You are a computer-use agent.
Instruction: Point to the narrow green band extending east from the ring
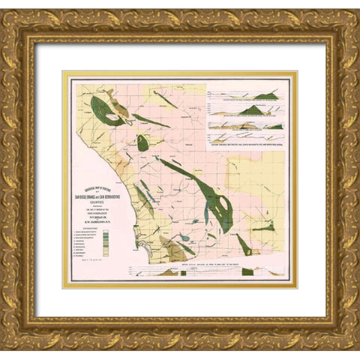pos(150,120)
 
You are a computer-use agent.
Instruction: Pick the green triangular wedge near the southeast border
pos(244,243)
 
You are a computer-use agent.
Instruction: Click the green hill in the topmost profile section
pos(270,94)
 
